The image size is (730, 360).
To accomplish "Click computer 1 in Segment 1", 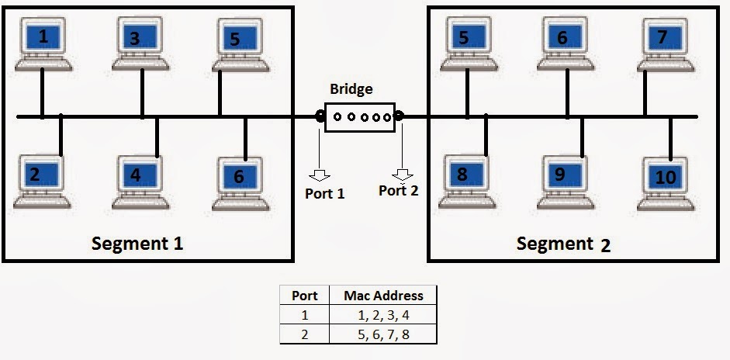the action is pos(43,44).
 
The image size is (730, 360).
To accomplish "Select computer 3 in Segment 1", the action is pos(140,43).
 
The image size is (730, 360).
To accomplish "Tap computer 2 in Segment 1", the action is pos(42,182).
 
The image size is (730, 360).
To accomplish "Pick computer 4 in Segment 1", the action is pos(140,182).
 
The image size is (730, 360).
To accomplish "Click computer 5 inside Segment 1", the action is pos(240,45).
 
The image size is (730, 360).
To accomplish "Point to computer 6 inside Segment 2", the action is pos(566,43).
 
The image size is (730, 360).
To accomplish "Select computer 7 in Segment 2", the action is pos(666,45).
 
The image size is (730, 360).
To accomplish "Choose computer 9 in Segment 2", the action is pos(566,182).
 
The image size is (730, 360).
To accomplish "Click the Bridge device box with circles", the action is pos(359,117).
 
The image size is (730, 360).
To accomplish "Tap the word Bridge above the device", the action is pos(351,89).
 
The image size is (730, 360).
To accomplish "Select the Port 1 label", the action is pos(325,193).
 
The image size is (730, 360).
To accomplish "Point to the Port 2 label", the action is pos(399,191).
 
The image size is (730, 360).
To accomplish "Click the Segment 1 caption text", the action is pos(137,244).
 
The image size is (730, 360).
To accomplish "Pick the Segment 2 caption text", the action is pos(563,244).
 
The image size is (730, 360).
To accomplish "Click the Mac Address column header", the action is pos(384,296).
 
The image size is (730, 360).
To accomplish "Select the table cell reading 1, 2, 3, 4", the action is pos(384,315).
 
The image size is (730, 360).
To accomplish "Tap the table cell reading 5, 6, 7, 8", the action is pos(384,334).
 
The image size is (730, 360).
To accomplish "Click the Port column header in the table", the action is pos(304,296).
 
